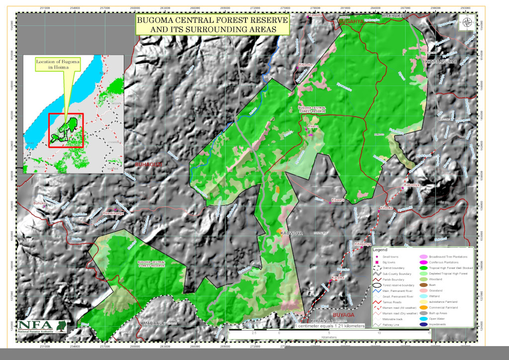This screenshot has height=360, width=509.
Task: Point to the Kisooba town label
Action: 305,65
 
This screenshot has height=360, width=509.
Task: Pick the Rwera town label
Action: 313,126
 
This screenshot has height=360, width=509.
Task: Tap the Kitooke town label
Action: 386,208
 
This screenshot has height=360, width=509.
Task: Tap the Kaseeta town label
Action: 316,15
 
